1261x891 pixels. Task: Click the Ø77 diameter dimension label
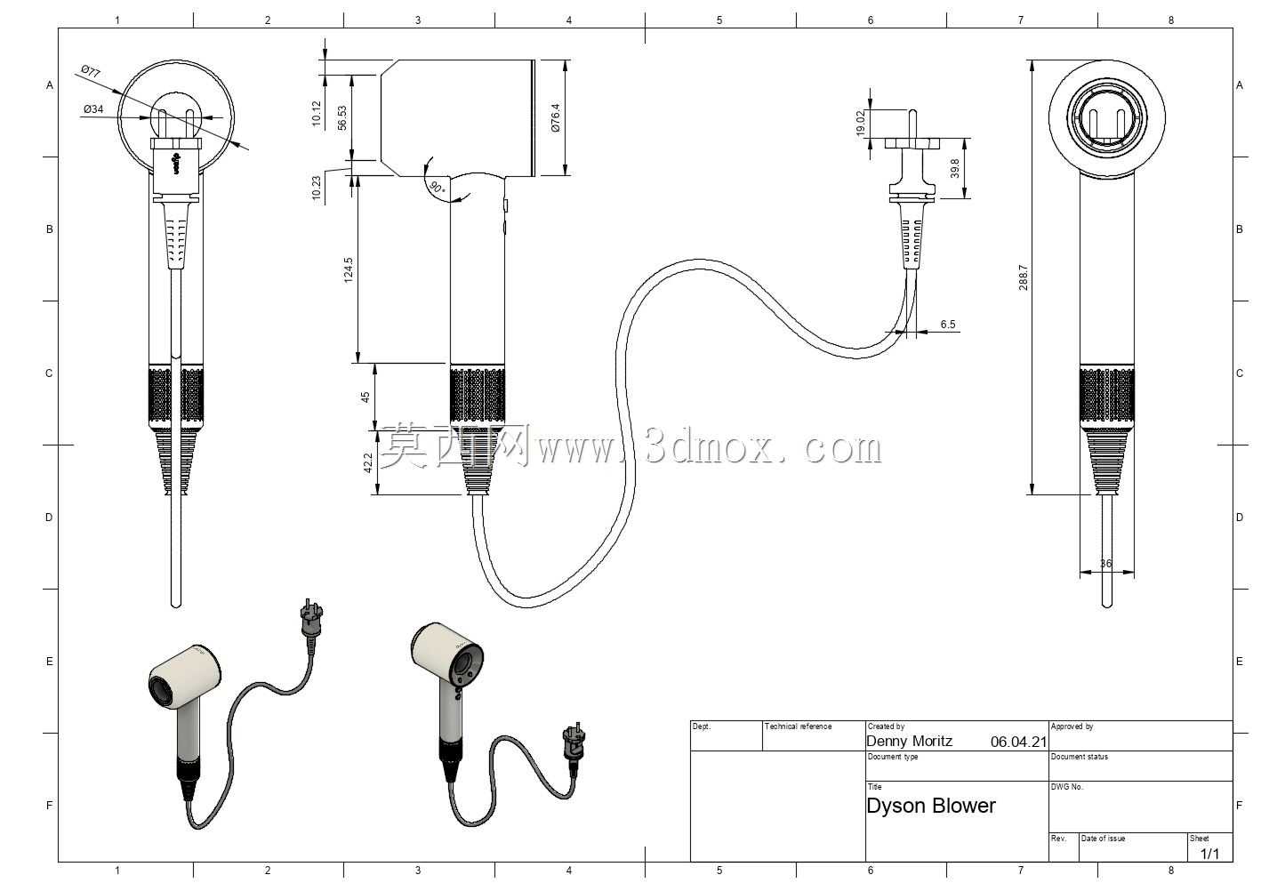(91, 71)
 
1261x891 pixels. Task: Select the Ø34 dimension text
(93, 109)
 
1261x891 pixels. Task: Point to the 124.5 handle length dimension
(349, 270)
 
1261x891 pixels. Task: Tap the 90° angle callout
(438, 187)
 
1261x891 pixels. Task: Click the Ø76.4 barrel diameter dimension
(556, 117)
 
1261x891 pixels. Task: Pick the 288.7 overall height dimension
(1024, 277)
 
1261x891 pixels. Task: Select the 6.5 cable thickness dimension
(948, 325)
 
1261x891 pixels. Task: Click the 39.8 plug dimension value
(955, 168)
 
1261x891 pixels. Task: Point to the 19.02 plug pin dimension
(860, 124)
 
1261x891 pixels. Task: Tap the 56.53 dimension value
(342, 118)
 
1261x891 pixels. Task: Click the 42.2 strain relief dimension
(367, 462)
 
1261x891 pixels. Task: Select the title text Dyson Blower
(931, 806)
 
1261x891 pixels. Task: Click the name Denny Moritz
(910, 741)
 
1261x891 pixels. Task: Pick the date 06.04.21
(1018, 742)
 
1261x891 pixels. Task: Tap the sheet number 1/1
(1209, 854)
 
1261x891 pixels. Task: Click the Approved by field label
(1072, 726)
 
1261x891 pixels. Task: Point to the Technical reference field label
(798, 726)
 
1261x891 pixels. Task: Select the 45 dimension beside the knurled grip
(365, 397)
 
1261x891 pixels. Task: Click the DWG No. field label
(1067, 787)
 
